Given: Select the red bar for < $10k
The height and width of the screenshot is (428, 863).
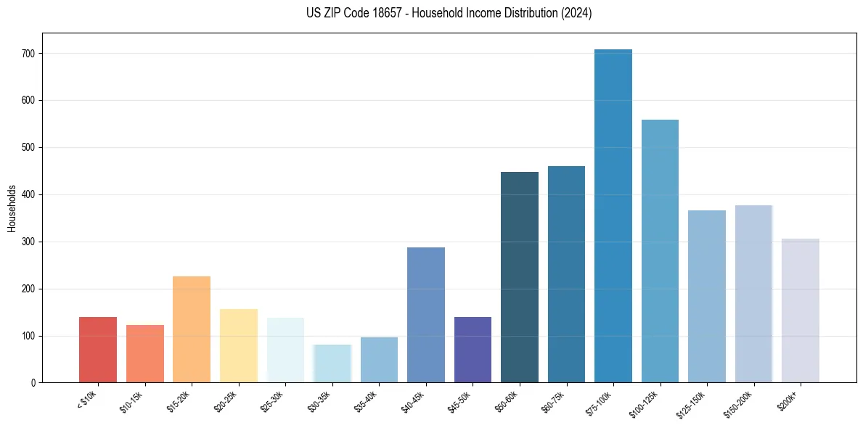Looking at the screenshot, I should click(x=98, y=350).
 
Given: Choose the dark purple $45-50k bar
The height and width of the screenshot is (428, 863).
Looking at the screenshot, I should click(x=473, y=350).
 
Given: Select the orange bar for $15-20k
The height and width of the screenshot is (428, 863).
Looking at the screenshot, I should click(x=192, y=329).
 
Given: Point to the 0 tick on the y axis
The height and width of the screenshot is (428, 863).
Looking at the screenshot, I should click(x=33, y=383).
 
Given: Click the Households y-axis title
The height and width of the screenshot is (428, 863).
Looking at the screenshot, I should click(x=12, y=208).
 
